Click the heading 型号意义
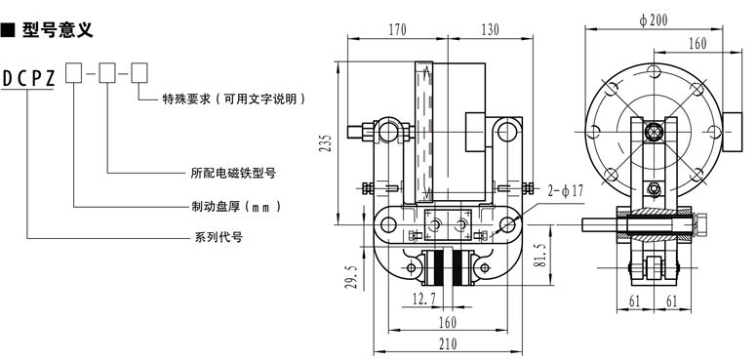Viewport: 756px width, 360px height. click(58, 30)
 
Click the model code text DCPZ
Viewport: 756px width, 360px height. click(29, 79)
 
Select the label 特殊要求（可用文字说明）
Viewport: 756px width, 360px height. click(234, 100)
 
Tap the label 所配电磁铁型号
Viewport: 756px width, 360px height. click(233, 173)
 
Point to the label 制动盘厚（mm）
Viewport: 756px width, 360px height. click(236, 207)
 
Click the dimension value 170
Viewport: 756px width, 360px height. click(397, 30)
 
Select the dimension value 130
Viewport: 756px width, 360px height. click(490, 30)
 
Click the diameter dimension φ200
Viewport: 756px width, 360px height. click(654, 20)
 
